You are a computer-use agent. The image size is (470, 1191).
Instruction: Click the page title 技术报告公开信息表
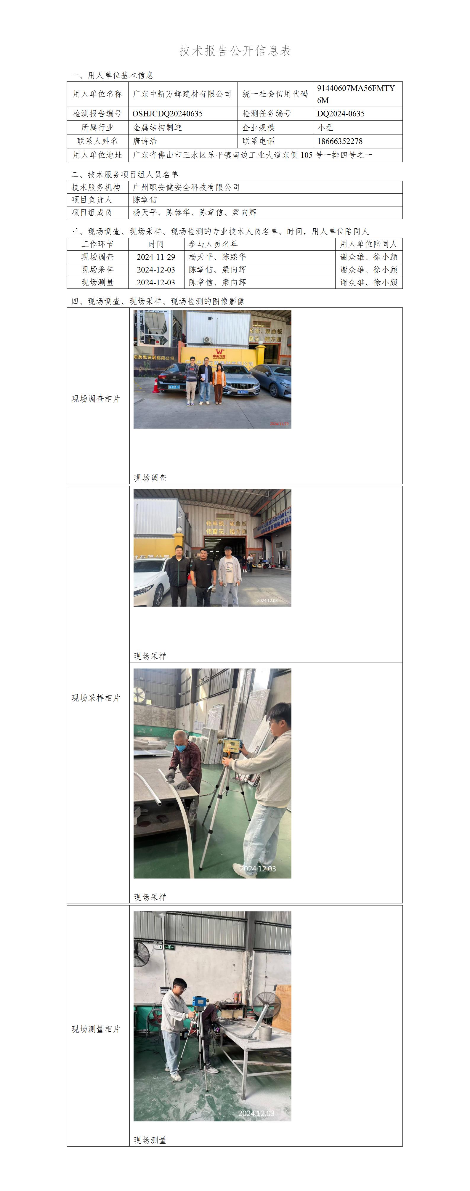coord(235,51)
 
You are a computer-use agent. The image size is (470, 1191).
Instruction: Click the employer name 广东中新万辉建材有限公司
coord(182,94)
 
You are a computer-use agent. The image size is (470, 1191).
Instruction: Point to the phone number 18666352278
coord(340,141)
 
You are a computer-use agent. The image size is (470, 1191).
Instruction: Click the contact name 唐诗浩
coord(145,141)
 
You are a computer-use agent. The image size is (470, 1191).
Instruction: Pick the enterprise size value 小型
coord(325,127)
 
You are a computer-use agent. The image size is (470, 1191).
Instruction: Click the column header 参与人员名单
coord(213,244)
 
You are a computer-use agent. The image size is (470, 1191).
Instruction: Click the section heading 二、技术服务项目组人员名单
coord(125,174)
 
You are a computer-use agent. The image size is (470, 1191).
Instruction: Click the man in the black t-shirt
coord(203,577)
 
